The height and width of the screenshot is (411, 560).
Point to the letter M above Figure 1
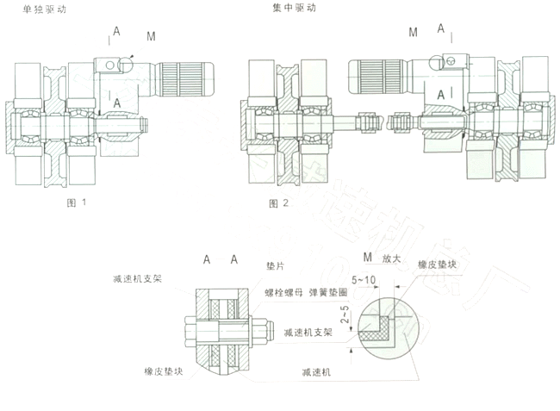[x=151, y=35]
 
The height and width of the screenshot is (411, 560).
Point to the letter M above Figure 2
[x=414, y=32]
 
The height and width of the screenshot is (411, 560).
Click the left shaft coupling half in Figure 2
[x=366, y=122]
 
